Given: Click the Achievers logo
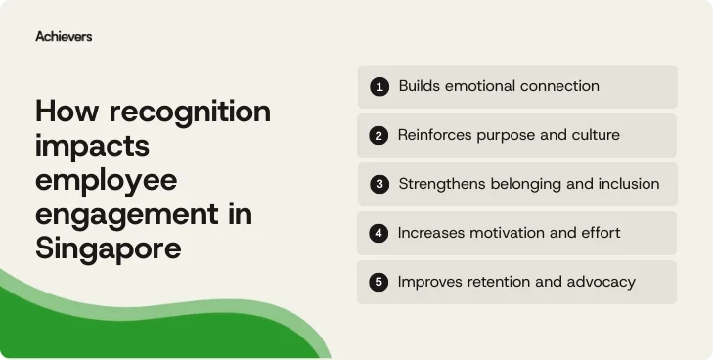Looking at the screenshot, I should (64, 36).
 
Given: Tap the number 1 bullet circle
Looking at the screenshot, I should (379, 87).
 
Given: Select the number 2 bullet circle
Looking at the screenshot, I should (379, 136).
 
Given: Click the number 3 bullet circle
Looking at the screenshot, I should (379, 184).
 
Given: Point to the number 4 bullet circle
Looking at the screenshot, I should (379, 233).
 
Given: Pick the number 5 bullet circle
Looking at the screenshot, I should (379, 282).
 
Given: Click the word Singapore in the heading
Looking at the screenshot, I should (109, 249).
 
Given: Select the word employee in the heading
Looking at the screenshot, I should (106, 181).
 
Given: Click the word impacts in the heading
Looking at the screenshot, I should (91, 147).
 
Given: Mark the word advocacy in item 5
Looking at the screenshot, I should (603, 282).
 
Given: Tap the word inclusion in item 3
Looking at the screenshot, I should (626, 184).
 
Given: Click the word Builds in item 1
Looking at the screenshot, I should (419, 86).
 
